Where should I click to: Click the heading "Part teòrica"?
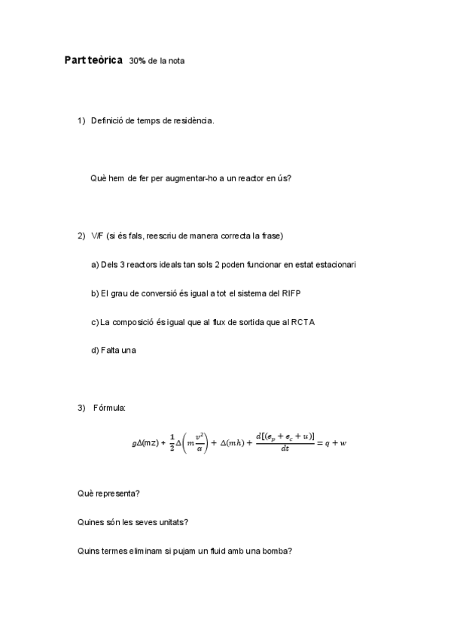pos(93,60)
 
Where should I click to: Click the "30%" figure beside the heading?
pos(138,61)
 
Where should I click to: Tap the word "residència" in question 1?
pos(194,120)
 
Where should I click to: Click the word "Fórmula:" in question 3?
pos(109,408)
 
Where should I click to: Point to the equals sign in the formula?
pos(319,443)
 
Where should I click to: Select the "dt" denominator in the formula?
pos(285,449)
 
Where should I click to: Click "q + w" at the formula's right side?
pos(336,443)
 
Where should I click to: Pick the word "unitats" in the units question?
pos(172,522)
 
